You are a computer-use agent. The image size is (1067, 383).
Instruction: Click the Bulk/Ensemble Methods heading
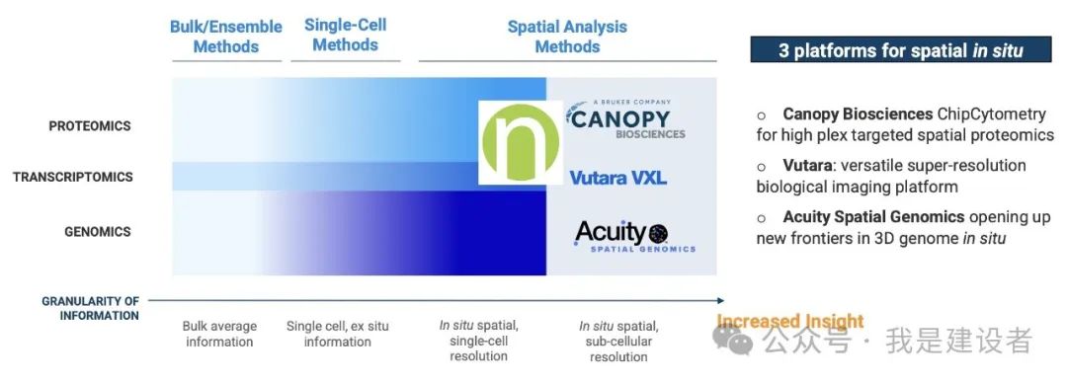pos(226,37)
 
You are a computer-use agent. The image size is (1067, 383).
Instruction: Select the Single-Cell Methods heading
pos(345,35)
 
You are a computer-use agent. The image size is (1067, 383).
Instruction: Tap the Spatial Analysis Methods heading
pos(567,37)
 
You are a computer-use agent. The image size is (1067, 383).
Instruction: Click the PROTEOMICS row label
pos(90,125)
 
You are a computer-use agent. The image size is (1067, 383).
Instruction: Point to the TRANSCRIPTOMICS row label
pos(73,178)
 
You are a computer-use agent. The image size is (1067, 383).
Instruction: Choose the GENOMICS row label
pos(97,232)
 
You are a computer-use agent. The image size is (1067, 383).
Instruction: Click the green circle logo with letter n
pos(521,143)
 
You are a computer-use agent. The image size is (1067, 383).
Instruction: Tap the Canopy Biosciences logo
pos(625,119)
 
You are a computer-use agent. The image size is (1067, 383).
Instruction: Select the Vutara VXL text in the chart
pos(617,179)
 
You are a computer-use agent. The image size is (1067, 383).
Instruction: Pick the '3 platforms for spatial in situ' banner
pos(900,49)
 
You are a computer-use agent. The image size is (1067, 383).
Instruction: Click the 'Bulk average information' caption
pos(219,334)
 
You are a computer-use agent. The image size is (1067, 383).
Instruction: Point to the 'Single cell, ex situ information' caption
pos(338,334)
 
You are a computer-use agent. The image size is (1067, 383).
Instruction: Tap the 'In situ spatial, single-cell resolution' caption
pos(478,341)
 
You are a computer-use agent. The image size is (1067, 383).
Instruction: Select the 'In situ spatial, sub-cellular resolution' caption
pos(618,341)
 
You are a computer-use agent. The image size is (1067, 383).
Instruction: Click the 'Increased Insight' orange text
pos(790,321)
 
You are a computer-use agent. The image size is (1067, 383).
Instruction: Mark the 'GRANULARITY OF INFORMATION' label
pos(91,308)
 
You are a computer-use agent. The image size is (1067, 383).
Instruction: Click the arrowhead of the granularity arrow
pos(720,300)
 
